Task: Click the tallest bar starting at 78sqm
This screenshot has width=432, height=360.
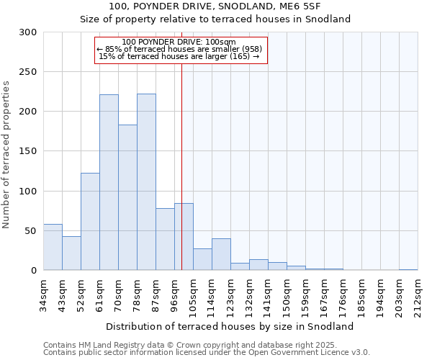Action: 146,182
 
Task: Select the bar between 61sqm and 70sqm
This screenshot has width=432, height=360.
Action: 109,182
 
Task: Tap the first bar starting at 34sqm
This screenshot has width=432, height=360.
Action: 53,247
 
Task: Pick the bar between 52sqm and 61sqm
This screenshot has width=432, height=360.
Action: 90,222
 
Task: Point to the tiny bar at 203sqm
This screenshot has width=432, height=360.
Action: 408,269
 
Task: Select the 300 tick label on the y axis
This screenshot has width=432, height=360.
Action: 28,32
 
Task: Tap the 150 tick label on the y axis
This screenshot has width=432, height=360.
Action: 28,151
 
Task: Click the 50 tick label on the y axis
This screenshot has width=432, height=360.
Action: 31,231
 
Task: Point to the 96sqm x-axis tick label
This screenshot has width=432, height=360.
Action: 175,293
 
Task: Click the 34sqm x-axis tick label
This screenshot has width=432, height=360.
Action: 44,293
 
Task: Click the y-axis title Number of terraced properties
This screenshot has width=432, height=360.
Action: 6,155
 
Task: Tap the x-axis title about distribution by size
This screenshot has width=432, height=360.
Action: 235,326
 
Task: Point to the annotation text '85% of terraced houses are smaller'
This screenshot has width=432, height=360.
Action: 180,49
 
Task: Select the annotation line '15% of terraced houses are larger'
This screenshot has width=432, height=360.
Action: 179,56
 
